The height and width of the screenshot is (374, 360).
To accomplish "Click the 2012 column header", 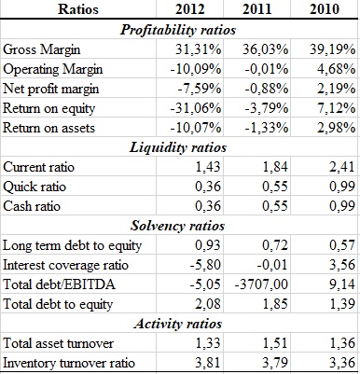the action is point(189,9).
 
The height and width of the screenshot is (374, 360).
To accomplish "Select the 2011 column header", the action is point(256,9).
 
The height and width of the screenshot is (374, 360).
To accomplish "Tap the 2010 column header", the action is point(325,9).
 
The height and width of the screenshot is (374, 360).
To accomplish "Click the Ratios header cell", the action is point(78,9).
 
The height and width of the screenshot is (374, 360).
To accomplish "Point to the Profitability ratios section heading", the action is point(178,30).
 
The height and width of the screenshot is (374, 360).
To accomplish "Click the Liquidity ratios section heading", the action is point(178,147).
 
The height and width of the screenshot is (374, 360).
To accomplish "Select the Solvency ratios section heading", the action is point(178,226).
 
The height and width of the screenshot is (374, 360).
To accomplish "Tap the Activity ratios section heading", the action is point(178,324).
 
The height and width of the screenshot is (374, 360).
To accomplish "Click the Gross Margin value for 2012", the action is point(199,49).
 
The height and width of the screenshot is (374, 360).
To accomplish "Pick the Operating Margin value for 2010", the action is point(336,69).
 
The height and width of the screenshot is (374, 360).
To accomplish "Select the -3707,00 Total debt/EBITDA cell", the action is point(261,284).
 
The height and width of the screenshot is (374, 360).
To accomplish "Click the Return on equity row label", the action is point(48,109).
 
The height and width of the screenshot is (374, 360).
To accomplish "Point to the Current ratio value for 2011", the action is point(275,167).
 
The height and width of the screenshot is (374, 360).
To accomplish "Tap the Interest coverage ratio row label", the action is point(65,265).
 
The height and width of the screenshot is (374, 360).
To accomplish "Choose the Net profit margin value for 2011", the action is point(267,89).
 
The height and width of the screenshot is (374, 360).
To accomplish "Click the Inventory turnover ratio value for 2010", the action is point(342,363).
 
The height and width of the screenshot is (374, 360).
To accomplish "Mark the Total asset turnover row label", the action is point(58,343).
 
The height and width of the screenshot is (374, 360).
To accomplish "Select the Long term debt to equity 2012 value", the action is point(208,245).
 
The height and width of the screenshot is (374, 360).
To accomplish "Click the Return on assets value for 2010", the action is point(336,128).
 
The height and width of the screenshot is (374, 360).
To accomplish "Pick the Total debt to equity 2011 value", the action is point(275,304).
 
